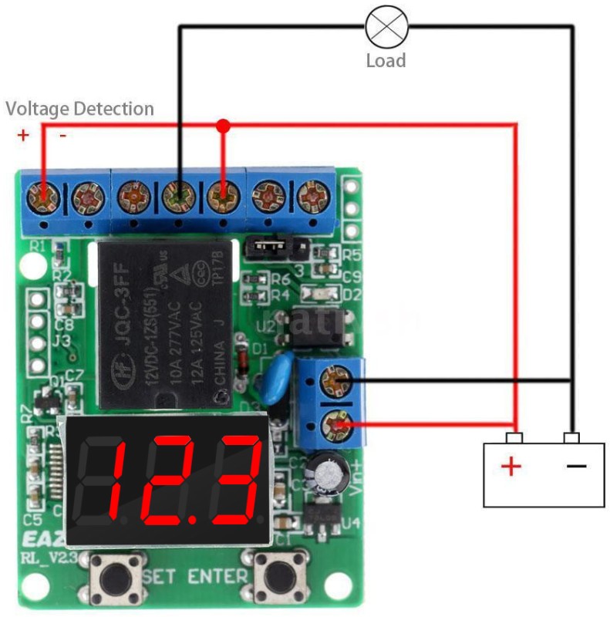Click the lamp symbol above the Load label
[386, 26]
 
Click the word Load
[386, 60]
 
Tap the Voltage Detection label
[79, 109]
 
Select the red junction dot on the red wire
[224, 124]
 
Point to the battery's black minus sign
[575, 466]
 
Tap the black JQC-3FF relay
[164, 324]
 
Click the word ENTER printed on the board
[218, 575]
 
